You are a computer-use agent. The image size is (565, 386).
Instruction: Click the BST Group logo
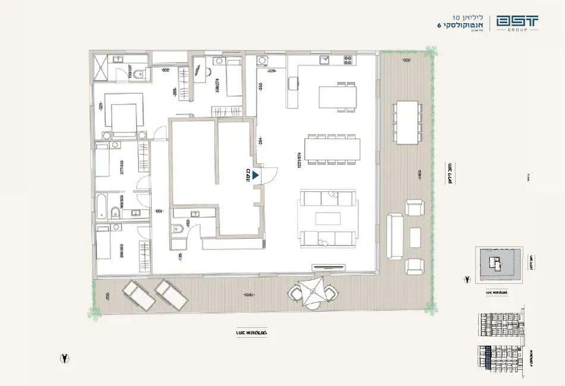click(x=518, y=23)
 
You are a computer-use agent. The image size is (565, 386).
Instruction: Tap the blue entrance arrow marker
click(x=255, y=175)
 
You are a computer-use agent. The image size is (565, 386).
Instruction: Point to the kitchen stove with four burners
click(x=347, y=60)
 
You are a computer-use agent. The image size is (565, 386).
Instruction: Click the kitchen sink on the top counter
click(x=324, y=60)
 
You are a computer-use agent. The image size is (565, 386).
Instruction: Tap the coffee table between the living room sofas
click(x=328, y=218)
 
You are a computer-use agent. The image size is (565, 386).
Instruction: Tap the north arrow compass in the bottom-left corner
click(x=64, y=358)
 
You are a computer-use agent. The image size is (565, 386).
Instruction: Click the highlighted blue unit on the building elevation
click(x=488, y=358)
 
